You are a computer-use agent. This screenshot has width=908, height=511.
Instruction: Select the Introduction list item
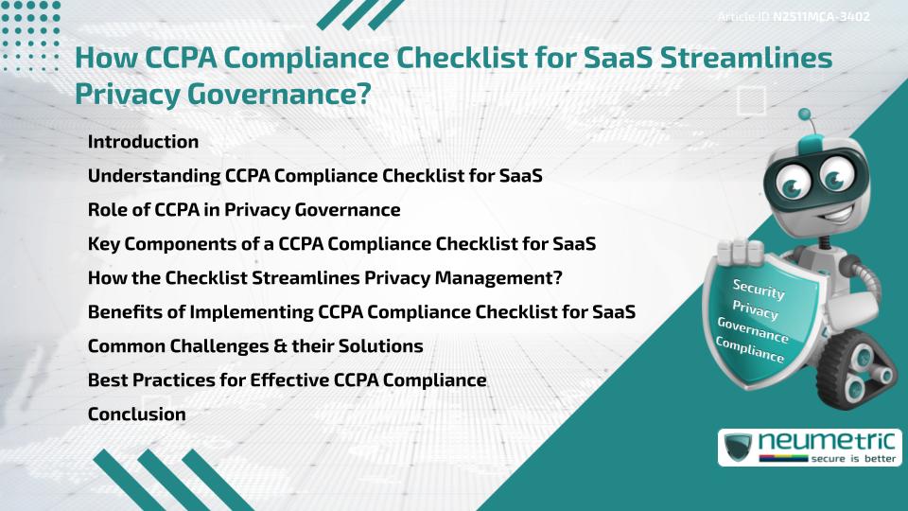coord(143,142)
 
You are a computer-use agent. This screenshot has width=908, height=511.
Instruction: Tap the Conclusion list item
coord(136,414)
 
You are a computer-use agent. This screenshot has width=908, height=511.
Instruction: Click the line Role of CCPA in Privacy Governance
coord(244,209)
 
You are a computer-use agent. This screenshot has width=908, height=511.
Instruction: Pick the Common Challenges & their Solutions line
coord(255,345)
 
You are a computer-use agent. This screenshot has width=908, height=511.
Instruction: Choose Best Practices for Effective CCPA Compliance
coord(287,379)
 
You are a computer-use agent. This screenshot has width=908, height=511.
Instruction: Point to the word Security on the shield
coord(758,289)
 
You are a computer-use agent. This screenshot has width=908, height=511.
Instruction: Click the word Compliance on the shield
coord(750,348)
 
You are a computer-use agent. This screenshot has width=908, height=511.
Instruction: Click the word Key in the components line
coord(104,243)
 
